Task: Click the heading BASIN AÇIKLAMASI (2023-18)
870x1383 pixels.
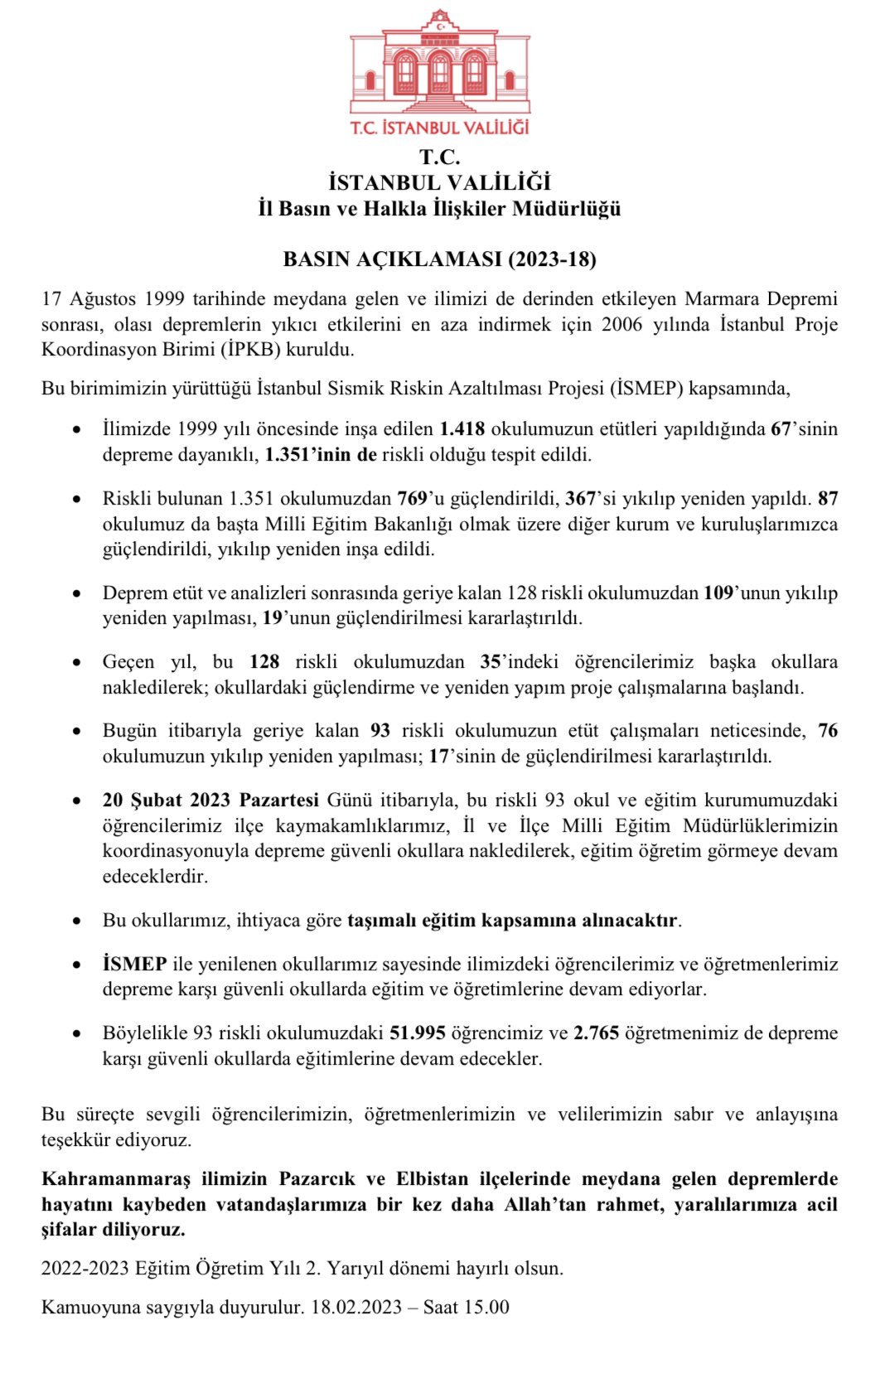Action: (x=439, y=259)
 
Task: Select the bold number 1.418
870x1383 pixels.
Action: (x=462, y=429)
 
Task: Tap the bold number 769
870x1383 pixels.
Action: (x=412, y=499)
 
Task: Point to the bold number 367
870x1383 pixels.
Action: (x=580, y=499)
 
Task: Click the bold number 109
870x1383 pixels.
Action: (x=718, y=593)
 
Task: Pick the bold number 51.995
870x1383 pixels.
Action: (x=418, y=1033)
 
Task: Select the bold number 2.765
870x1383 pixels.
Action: (x=596, y=1033)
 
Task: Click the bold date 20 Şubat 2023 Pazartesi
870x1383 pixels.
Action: (x=210, y=800)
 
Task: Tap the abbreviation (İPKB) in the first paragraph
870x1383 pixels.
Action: (x=250, y=350)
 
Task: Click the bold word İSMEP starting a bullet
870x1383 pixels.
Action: (x=134, y=965)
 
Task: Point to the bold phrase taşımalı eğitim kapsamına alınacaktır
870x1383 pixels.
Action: (x=513, y=921)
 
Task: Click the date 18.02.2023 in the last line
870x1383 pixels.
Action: (x=356, y=1308)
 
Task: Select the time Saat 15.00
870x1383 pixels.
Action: (x=466, y=1308)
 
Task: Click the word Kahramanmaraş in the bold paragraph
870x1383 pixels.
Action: (x=116, y=1179)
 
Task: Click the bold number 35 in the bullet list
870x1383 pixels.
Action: (x=490, y=662)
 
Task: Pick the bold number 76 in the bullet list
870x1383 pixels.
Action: (x=827, y=731)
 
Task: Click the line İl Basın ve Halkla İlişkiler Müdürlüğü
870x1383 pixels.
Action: (x=439, y=209)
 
